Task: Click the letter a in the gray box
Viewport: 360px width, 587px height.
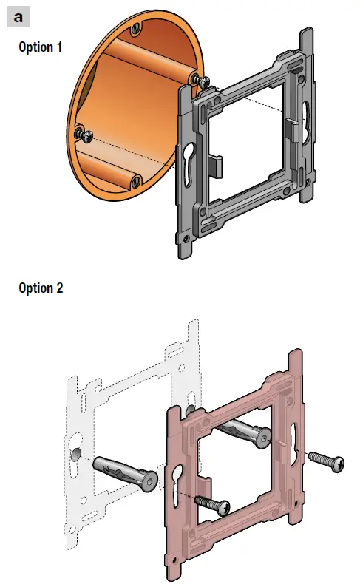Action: coord(18,17)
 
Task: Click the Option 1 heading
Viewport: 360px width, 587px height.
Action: coord(41,47)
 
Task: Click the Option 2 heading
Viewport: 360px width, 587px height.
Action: coord(41,288)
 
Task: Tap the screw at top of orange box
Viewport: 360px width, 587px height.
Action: coord(137,27)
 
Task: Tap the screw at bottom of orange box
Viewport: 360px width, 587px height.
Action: coord(135,182)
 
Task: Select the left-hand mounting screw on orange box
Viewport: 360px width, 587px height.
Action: coord(84,135)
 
